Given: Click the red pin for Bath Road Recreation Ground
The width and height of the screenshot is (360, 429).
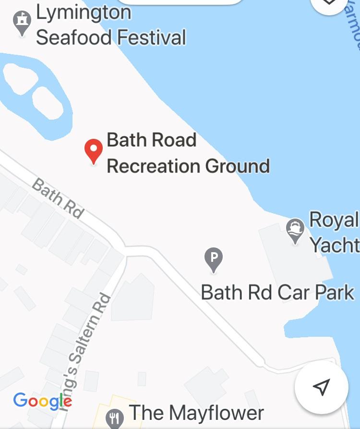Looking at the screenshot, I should point(94,150).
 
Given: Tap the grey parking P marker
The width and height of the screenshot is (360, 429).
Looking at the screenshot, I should point(214,259).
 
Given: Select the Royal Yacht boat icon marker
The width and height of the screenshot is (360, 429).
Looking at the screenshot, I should point(295,230).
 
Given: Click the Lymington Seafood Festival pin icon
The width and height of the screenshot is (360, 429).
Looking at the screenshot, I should point(22,23).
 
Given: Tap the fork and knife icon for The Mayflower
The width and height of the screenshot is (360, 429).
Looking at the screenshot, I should point(114,418).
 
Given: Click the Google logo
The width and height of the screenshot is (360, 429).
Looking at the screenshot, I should point(43,401).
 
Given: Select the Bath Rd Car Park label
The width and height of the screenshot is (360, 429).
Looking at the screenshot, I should point(277,292).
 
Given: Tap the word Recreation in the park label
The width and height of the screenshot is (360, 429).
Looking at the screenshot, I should point(154,166).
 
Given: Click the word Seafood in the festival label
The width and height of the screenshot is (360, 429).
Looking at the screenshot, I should point(80,37).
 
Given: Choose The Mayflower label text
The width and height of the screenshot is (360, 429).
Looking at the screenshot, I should point(196,413).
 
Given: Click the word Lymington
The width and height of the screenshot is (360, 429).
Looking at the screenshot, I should point(84,12).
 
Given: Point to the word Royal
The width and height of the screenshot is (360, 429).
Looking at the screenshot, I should point(334,220).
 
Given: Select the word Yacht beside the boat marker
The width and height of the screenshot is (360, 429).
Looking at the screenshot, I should point(335,245).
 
